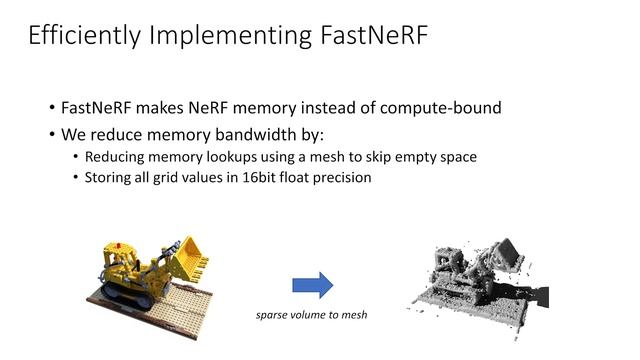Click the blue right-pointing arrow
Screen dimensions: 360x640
[312, 286]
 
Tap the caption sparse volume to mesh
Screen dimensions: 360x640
[312, 316]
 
